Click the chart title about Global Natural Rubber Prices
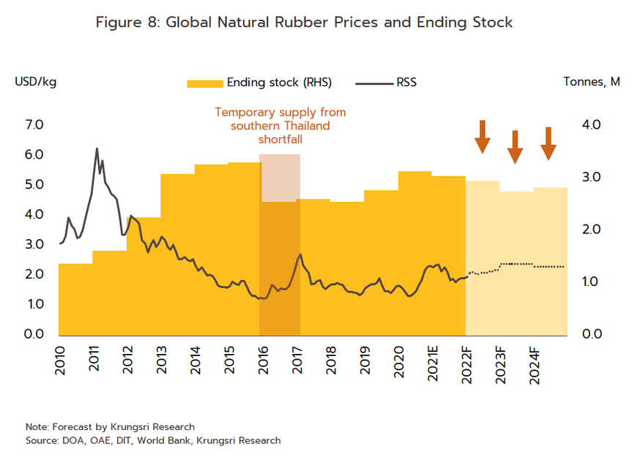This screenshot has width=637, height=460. point(304,23)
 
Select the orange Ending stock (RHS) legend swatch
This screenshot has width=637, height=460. point(204,83)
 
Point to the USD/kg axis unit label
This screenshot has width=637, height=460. point(36,81)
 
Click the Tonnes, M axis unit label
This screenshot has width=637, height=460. point(592,81)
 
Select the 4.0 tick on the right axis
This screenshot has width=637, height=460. point(592,125)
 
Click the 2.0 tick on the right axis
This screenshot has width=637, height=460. point(592,230)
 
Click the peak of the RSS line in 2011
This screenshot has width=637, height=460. point(97,148)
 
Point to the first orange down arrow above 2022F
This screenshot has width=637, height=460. point(482,136)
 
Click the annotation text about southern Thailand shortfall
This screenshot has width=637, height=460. point(280,126)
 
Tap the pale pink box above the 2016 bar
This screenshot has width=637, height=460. point(280,178)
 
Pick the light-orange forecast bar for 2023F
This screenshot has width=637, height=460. point(516,263)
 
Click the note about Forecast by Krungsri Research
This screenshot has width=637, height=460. point(110,426)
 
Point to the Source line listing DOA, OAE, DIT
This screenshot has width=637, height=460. point(152,440)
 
